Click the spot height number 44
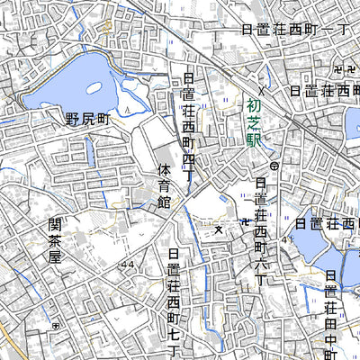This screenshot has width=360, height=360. pos(125,264)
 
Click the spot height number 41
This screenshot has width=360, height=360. pos(283,239)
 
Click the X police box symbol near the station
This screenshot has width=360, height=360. pos(262,91)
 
